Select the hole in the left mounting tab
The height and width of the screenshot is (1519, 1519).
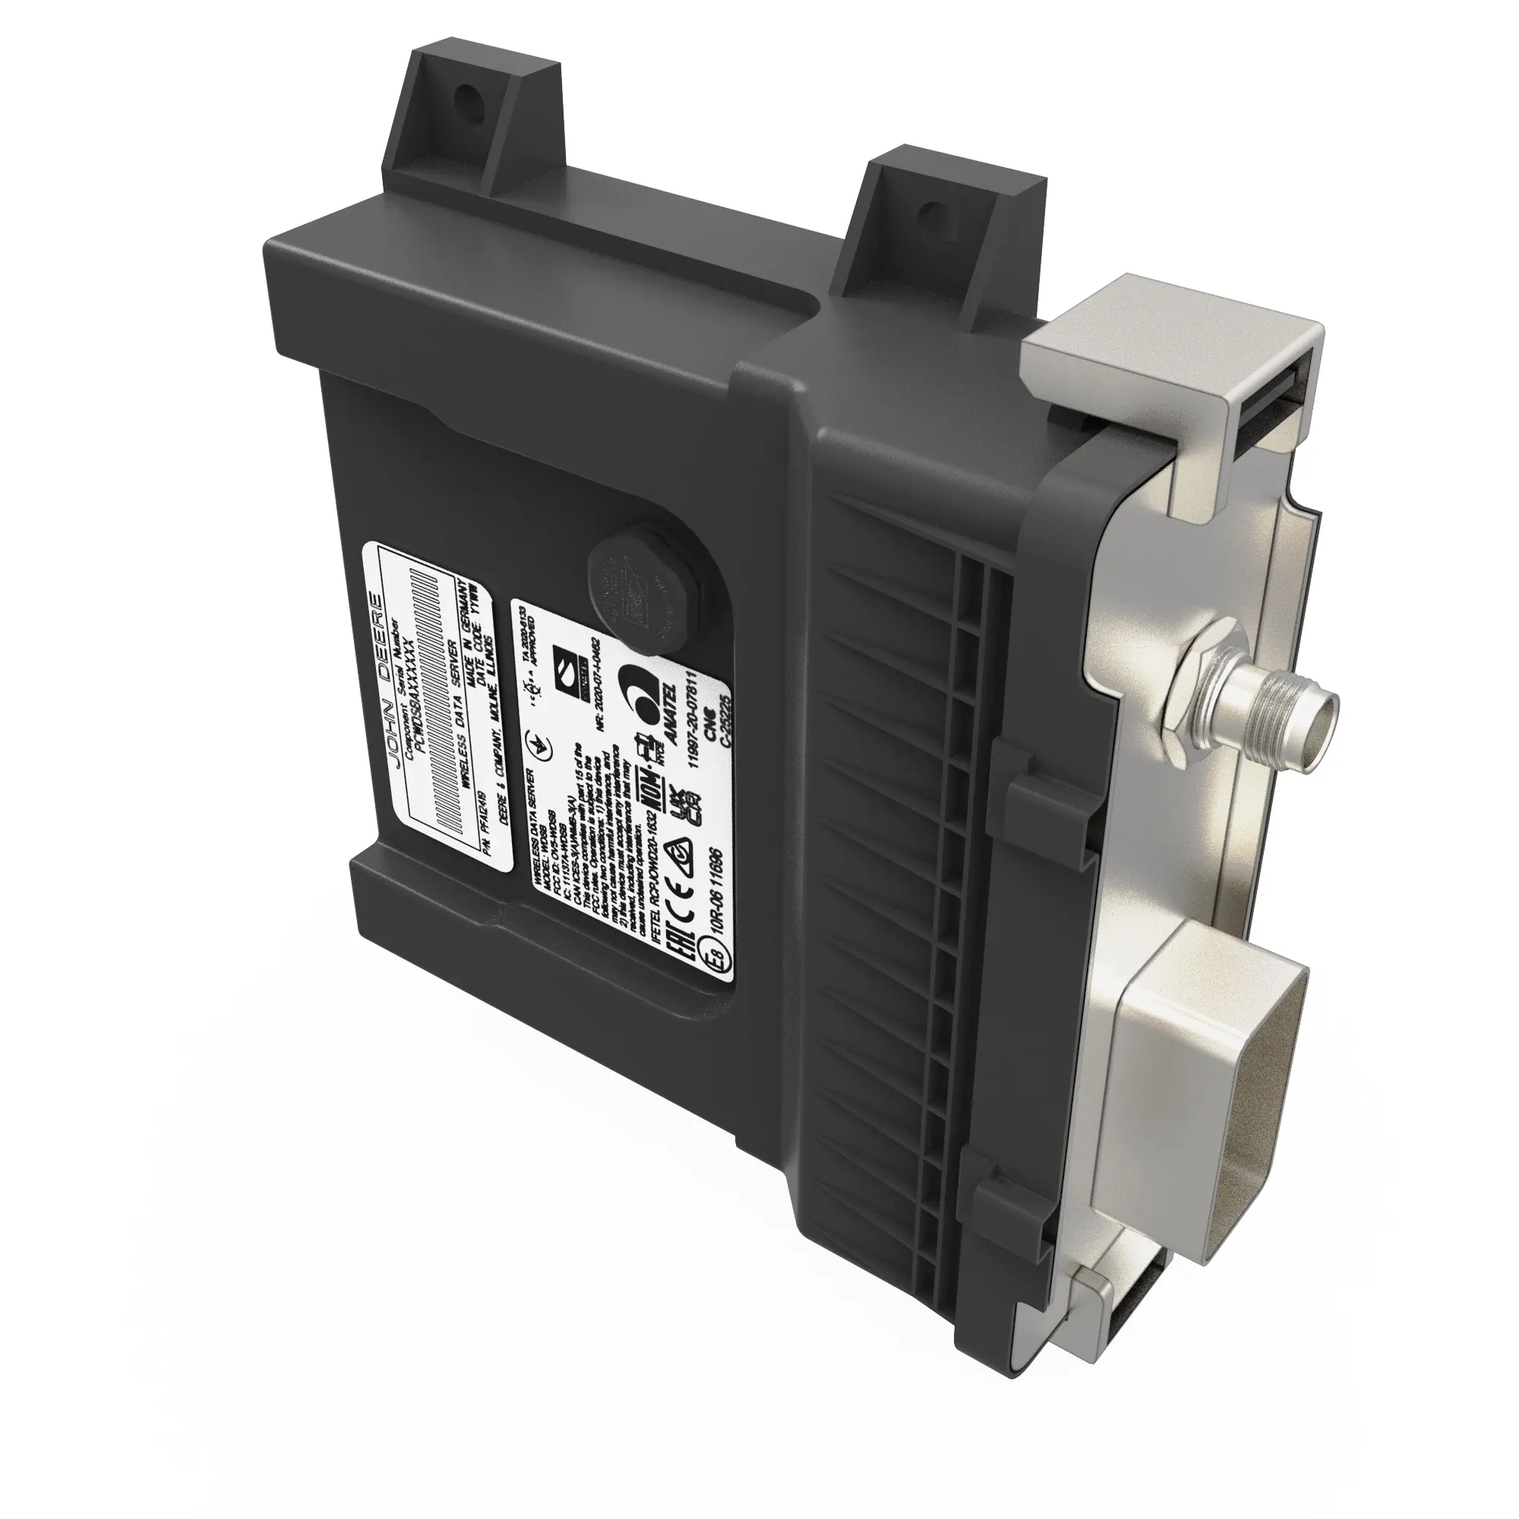470,103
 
